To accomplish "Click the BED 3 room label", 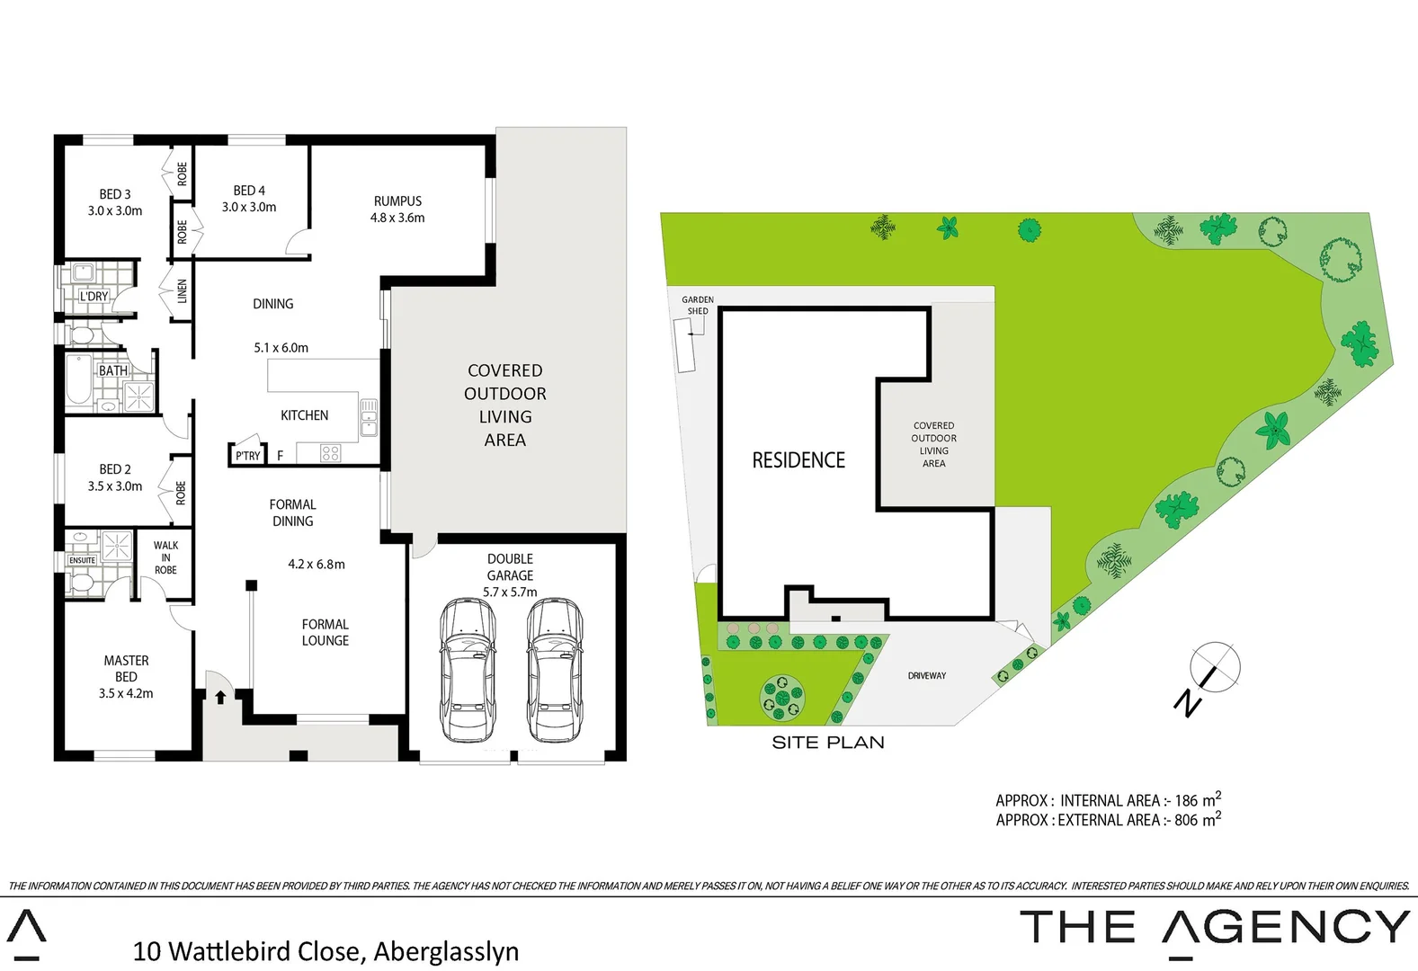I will [x=115, y=194].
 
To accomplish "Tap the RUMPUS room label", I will [x=397, y=201].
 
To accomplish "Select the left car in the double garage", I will [x=468, y=670].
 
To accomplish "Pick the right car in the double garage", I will [x=554, y=670].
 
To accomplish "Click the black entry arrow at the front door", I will [x=220, y=697].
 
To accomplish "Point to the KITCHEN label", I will [x=304, y=415].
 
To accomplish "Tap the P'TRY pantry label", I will [x=247, y=456].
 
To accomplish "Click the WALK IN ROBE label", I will [x=165, y=557].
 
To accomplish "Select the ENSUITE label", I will [x=82, y=560].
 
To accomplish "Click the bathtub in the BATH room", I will [x=77, y=382].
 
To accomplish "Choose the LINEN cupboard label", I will [x=182, y=290].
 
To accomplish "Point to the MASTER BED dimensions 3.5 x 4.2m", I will [x=126, y=693].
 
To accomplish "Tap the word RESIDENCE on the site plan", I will [x=798, y=460].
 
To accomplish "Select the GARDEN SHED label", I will [x=697, y=305].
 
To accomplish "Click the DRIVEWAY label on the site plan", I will [x=926, y=675].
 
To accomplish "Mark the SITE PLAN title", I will [x=827, y=743].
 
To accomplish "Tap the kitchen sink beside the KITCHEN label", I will [x=369, y=418].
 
